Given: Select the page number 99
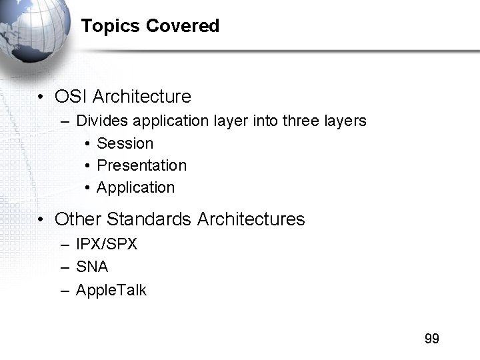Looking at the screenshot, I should [x=431, y=339].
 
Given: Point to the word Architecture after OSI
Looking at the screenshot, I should [x=141, y=97].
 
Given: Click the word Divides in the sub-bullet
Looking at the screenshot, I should [x=102, y=121].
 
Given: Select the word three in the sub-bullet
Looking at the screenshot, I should [x=301, y=121].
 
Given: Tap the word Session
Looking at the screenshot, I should [x=125, y=143].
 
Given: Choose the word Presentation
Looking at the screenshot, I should [x=142, y=165].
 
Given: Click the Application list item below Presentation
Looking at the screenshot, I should [x=136, y=187].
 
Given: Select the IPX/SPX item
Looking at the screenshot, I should [x=107, y=244].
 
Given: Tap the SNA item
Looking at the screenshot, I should [x=92, y=267].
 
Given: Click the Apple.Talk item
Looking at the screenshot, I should [x=111, y=290].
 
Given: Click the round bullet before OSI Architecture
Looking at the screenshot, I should [x=41, y=97].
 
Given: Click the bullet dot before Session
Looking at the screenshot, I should [x=88, y=144].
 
